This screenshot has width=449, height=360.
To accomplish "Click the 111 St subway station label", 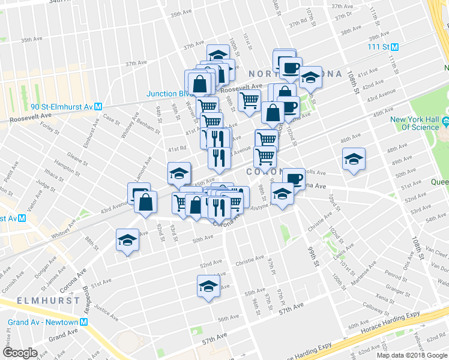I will [x=379, y=46].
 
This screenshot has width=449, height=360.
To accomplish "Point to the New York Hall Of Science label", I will [x=415, y=123].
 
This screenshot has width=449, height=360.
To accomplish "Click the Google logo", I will [x=20, y=353].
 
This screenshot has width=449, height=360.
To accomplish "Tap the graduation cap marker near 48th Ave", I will [x=354, y=160].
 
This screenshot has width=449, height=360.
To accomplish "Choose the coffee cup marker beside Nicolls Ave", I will [x=294, y=178].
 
